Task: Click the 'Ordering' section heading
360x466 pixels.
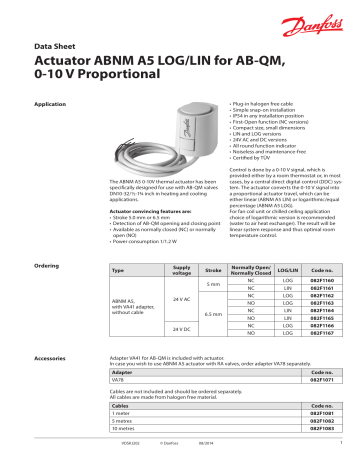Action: pos(47,266)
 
